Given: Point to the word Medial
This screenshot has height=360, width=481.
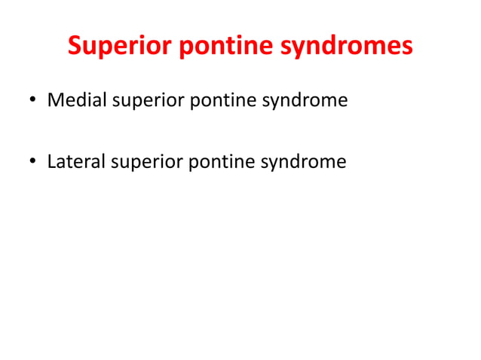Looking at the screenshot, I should tap(76, 99).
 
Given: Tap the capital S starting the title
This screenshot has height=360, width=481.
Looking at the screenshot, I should tap(75, 47).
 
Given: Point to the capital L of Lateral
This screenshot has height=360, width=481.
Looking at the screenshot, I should tap(51, 161).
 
